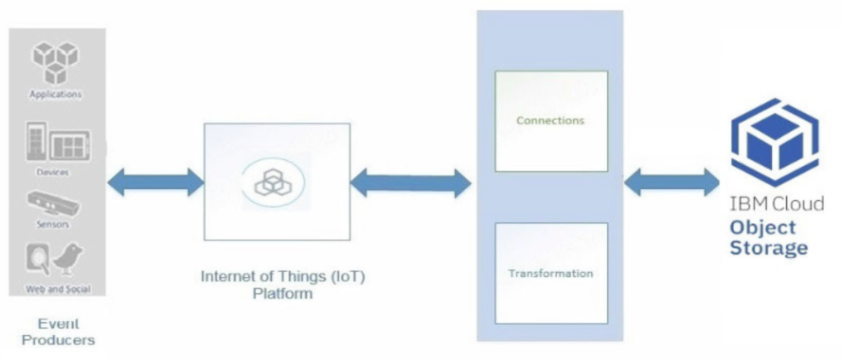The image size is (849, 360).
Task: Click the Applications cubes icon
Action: [56, 62]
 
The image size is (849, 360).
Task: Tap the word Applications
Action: [56, 95]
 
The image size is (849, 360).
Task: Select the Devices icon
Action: [56, 145]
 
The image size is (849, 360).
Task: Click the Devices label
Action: [53, 173]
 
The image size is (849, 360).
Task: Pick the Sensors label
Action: [54, 224]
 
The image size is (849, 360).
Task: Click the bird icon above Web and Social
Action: [69, 260]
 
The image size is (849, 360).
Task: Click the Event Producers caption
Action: [58, 332]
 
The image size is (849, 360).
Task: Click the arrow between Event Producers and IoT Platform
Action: [155, 182]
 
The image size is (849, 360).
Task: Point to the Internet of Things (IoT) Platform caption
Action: [283, 284]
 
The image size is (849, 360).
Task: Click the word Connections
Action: [550, 120]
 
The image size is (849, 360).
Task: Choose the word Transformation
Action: [551, 273]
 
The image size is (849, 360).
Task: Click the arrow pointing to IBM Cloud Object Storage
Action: [672, 182]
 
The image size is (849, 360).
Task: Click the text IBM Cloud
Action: [777, 204]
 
